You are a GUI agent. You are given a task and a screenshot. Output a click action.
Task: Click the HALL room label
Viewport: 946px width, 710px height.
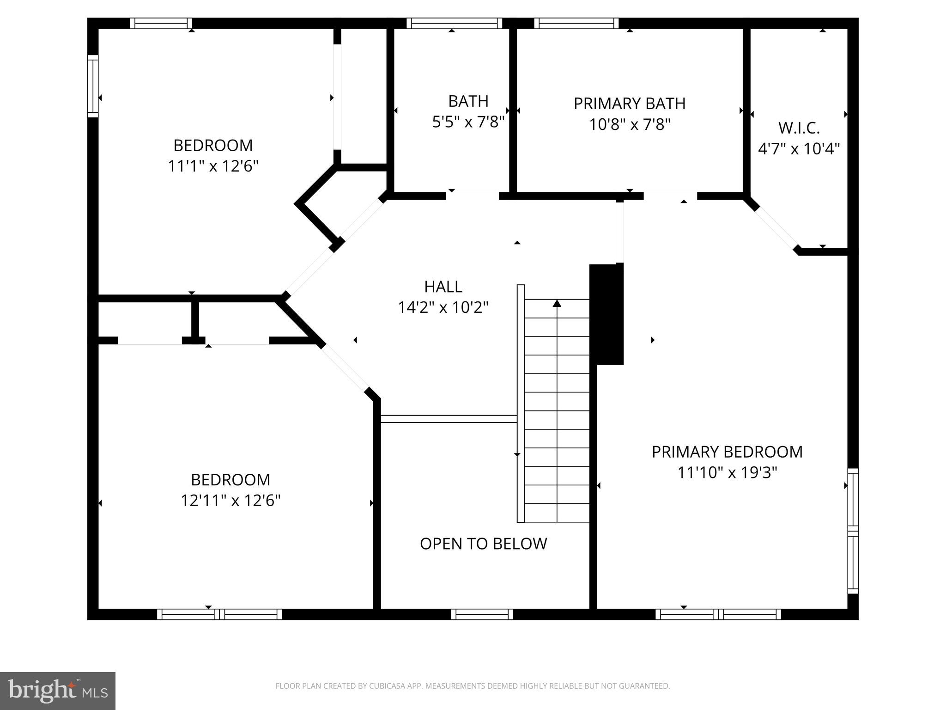pos(443,287)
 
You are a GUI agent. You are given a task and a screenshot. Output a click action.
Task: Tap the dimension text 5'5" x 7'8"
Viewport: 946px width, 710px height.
pos(468,122)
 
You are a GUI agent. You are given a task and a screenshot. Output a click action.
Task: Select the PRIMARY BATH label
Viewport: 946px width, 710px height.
pos(629,104)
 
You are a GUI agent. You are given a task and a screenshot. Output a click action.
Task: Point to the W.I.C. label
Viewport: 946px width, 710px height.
pos(799,128)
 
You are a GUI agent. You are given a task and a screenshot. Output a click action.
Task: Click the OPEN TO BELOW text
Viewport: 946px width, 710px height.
pos(483,544)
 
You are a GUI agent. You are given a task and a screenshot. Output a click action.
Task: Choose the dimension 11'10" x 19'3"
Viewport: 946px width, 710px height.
pos(727,472)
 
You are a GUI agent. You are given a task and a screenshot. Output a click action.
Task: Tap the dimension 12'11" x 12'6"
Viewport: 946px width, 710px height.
pos(230,500)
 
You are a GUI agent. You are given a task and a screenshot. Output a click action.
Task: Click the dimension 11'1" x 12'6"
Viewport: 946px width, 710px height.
pos(212,166)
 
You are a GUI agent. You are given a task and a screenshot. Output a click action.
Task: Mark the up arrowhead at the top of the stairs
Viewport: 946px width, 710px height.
pos(557,304)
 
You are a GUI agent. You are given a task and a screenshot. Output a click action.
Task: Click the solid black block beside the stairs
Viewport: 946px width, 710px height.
pos(606,314)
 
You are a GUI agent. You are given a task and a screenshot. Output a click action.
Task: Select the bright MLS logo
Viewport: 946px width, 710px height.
pos(58,691)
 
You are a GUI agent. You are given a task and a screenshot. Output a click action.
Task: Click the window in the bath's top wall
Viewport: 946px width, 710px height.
pos(455,24)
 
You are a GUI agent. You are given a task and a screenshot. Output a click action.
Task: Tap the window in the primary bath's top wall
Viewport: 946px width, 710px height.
pos(576,24)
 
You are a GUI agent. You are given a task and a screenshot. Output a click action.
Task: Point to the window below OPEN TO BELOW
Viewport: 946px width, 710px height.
pos(482,614)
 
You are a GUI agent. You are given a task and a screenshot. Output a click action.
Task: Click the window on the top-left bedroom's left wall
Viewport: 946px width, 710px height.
pos(93,86)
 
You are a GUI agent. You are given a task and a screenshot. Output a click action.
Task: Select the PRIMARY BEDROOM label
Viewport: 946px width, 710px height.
pos(727,452)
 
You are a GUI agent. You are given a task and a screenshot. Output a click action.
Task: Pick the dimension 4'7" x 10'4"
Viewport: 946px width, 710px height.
pos(799,149)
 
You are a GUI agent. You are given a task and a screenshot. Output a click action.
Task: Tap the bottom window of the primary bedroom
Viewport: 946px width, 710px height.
pos(718,614)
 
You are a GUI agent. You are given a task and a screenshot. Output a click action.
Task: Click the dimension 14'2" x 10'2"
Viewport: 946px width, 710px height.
pos(443,307)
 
